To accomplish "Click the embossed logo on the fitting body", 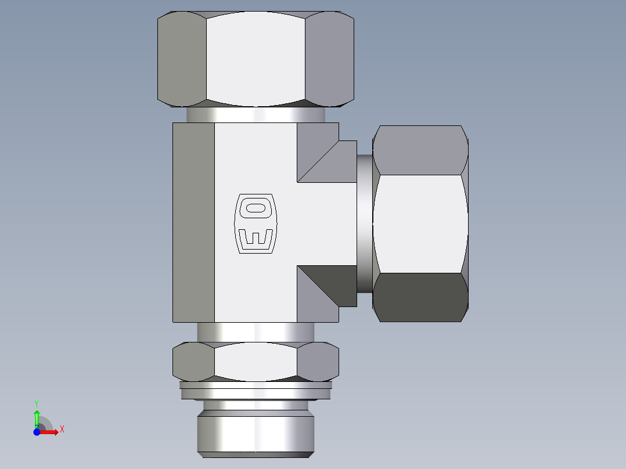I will click(256, 223).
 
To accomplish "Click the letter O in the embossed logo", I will click(256, 208).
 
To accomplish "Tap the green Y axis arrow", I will click(37, 416).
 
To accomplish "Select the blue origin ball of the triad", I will click(37, 432).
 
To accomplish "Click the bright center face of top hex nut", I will click(256, 58).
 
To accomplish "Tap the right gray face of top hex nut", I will click(329, 58).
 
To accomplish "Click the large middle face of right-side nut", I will click(420, 223).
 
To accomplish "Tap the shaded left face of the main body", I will click(193, 223).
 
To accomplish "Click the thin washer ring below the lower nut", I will click(256, 384).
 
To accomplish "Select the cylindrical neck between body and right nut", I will click(365, 223).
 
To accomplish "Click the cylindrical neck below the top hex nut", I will click(256, 114).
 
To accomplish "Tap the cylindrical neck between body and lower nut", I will click(256, 332).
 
